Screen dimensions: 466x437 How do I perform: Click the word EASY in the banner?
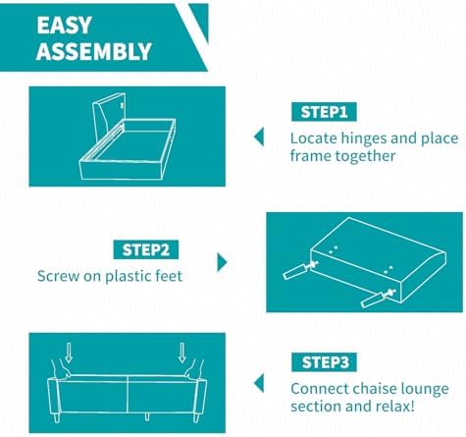pyautogui.click(x=64, y=26)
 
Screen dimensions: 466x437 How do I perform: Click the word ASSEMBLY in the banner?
pyautogui.click(x=94, y=51)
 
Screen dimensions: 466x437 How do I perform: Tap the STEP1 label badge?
pyautogui.click(x=324, y=112)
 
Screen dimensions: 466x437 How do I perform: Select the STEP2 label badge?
pyautogui.click(x=146, y=249)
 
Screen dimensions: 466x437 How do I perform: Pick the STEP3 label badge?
pyautogui.click(x=324, y=362)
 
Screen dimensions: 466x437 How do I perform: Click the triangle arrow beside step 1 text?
pyautogui.click(x=259, y=137)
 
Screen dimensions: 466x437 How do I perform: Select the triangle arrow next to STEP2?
pyautogui.click(x=222, y=262)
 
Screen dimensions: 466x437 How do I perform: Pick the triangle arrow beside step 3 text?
pyautogui.click(x=259, y=384)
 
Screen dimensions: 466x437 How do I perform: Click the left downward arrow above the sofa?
pyautogui.click(x=69, y=353)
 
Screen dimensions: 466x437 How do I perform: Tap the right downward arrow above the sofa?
pyautogui.click(x=182, y=353)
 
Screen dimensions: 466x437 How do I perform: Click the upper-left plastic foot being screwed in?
pyautogui.click(x=296, y=271)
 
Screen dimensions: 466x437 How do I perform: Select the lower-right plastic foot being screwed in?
pyautogui.click(x=375, y=300)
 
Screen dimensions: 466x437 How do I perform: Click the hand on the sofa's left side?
pyautogui.click(x=61, y=369)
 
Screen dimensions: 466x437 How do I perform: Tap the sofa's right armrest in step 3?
pyautogui.click(x=200, y=397)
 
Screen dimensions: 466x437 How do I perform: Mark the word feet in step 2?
pyautogui.click(x=170, y=276)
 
